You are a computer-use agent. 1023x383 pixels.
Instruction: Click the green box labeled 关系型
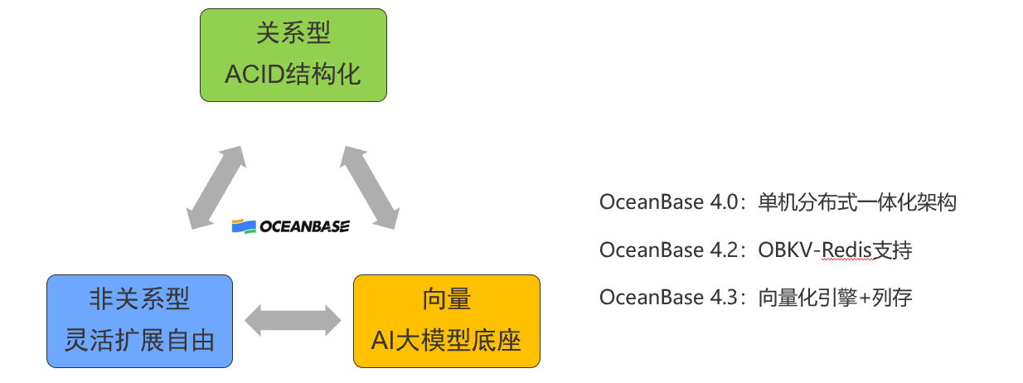(293, 55)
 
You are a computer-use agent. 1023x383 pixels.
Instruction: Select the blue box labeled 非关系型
(139, 321)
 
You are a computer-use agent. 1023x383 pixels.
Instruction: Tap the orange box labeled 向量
(447, 321)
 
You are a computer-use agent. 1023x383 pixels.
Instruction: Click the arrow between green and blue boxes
(215, 187)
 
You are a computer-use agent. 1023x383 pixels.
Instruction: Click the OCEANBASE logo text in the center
(304, 226)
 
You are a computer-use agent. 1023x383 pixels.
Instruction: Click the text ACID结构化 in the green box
(293, 75)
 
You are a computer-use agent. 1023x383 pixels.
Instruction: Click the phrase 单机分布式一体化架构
(857, 203)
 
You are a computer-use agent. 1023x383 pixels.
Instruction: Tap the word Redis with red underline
(849, 250)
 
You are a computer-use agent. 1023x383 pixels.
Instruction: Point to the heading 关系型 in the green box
(293, 34)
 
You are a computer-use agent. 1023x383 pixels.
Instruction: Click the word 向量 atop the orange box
(447, 299)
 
